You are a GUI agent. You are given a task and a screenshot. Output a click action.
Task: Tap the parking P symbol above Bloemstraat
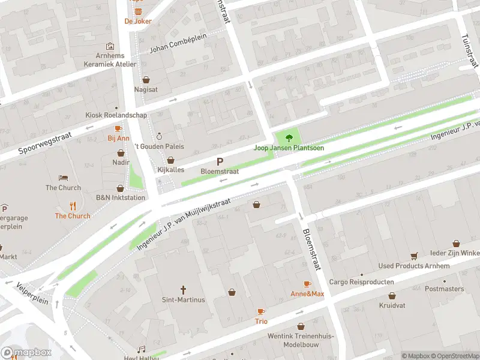[220, 161]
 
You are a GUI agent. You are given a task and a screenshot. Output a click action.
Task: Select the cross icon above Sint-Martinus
[184, 289]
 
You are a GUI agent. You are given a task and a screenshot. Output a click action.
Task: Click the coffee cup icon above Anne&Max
[307, 284]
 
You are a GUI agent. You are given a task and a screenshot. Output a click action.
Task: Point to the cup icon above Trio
[261, 311]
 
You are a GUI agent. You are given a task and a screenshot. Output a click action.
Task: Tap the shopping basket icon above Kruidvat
[392, 296]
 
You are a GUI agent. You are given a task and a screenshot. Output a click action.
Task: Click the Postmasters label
[444, 289]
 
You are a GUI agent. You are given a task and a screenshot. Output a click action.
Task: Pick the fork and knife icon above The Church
[73, 205]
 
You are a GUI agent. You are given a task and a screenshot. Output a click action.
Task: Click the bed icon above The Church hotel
[63, 178]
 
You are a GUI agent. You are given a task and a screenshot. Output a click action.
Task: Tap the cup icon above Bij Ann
[118, 128]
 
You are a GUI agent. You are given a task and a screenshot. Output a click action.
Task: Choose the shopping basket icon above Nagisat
[146, 79]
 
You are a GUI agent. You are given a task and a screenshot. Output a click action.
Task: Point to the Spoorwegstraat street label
[45, 142]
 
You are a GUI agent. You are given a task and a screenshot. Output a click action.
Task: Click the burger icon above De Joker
[138, 11]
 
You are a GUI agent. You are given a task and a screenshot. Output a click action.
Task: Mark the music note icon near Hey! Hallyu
[142, 349]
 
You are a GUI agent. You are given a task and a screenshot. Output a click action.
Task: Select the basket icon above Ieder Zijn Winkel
[456, 244]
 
